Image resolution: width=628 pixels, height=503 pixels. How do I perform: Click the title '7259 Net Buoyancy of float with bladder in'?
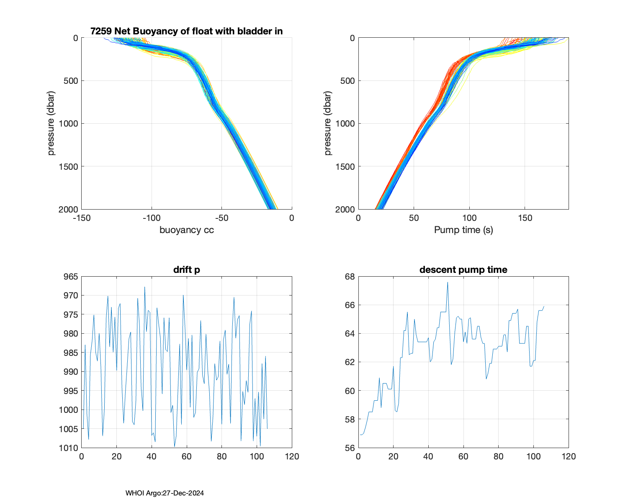point(186,31)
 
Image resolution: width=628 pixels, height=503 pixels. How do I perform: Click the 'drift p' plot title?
point(186,270)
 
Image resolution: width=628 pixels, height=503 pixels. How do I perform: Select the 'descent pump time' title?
point(463,270)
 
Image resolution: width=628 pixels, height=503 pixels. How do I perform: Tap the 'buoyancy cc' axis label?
point(186,230)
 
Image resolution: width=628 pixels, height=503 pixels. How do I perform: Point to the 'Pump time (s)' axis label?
point(463,230)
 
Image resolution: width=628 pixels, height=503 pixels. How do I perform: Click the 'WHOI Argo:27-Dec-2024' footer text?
point(165,493)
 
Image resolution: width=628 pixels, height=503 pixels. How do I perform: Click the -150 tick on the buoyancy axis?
point(82,218)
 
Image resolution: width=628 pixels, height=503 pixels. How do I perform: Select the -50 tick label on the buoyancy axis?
point(221,218)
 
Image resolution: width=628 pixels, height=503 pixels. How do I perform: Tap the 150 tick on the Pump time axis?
point(525,218)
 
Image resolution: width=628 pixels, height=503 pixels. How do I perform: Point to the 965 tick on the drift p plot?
point(70,277)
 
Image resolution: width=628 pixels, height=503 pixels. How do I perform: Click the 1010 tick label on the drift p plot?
point(68,448)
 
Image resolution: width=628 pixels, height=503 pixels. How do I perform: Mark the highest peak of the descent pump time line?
point(448,282)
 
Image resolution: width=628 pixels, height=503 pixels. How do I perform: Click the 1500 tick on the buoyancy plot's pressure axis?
point(68,166)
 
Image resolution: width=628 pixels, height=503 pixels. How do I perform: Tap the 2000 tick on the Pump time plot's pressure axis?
point(345,209)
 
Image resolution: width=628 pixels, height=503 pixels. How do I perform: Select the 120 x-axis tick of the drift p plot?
point(292,456)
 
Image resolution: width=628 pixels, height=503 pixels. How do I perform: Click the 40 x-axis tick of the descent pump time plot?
point(428,456)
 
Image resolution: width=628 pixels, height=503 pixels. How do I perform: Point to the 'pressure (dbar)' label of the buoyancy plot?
point(51,123)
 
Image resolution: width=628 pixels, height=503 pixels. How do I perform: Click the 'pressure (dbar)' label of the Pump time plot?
point(328,123)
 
